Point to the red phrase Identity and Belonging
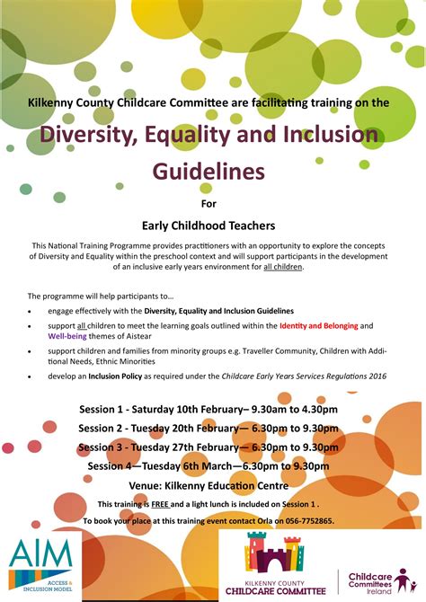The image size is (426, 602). point(318,324)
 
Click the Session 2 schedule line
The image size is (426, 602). point(208,429)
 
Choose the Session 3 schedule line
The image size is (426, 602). point(208,447)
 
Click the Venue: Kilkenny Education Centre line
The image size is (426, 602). point(208,485)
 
